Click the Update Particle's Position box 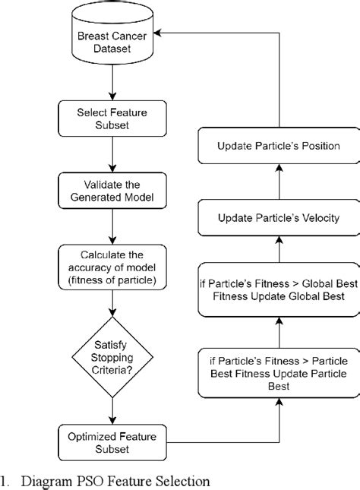coord(277,146)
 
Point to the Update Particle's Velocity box coord(277,219)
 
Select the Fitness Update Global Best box coord(277,289)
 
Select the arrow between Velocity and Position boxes coord(277,182)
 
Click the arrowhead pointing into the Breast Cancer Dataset coord(168,33)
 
